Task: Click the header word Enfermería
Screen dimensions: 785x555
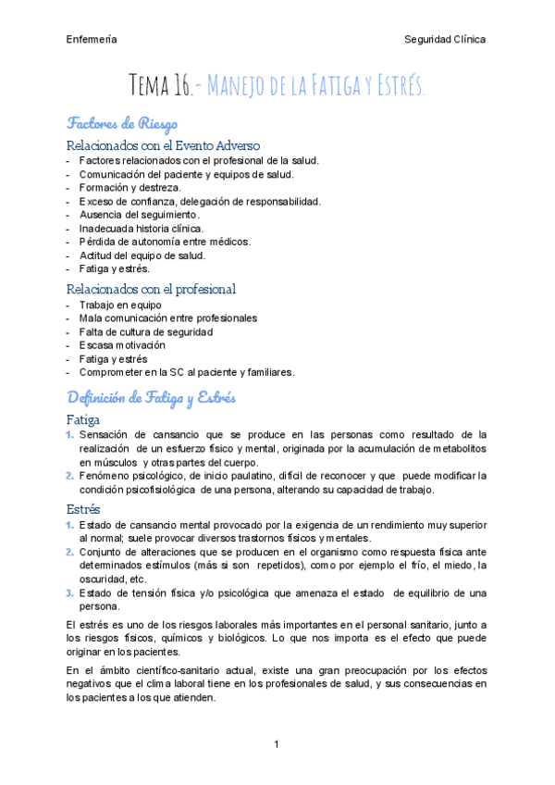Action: pos(92,40)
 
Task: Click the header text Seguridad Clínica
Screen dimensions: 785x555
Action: pos(445,40)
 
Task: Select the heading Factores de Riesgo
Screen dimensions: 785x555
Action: pos(122,123)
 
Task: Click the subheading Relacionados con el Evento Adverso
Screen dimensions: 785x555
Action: pos(164,145)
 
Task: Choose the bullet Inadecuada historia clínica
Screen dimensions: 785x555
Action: pos(142,228)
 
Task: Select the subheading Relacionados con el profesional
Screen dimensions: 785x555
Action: pos(152,289)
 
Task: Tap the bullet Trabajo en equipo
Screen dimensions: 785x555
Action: pos(120,305)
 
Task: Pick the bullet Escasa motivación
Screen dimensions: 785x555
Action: pos(122,345)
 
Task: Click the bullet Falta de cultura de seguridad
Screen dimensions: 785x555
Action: pos(146,331)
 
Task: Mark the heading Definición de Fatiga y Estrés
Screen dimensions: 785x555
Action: pos(152,398)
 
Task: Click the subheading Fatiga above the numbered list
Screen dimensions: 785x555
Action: pos(86,419)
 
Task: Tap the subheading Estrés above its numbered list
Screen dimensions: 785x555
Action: pos(84,509)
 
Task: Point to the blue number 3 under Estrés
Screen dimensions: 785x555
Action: pos(69,593)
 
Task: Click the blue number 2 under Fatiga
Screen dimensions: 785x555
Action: pos(69,476)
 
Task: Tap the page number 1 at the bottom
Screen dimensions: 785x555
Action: pos(277,744)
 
